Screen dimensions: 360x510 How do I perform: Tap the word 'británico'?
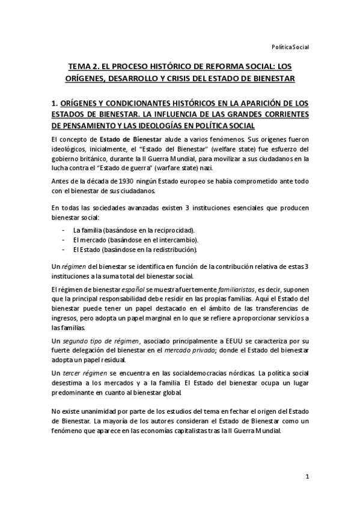click(x=93, y=158)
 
